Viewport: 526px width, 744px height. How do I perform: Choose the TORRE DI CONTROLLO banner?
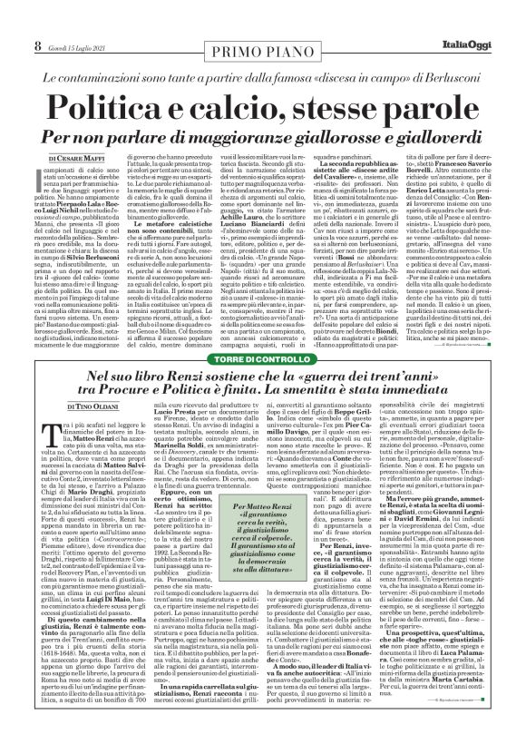262,360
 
